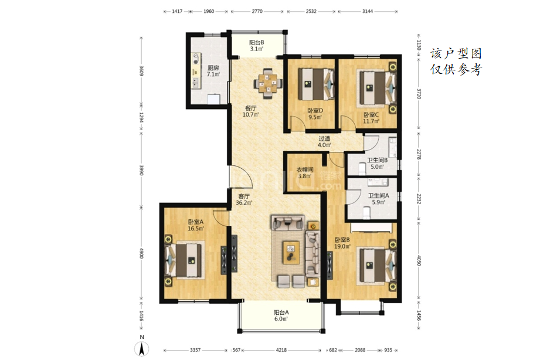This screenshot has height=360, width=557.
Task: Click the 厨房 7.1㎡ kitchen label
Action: click(213, 71)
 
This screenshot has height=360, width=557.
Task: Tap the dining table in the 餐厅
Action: click(268, 83)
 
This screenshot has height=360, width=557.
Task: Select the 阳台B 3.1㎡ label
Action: click(256, 46)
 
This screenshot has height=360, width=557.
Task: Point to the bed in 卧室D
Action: click(316, 84)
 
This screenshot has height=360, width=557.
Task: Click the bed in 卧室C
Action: click(376, 87)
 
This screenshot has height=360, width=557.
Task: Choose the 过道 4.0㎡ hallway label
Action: click(324, 141)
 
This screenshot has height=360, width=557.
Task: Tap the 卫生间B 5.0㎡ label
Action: click(377, 164)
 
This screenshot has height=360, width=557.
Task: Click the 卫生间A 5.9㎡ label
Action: click(378, 199)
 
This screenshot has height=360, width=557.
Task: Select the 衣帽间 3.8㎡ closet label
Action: click(305, 173)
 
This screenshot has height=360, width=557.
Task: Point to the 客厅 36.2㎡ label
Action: click(244, 199)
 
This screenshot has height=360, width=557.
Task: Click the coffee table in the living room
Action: click(291, 252)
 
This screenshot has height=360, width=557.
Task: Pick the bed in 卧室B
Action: click(376, 265)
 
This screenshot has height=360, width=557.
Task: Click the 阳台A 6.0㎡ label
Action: click(281, 315)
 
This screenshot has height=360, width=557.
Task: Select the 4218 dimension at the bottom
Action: click(281, 350)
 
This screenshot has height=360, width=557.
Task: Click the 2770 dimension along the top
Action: click(257, 11)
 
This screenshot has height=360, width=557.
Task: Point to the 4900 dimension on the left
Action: click(141, 253)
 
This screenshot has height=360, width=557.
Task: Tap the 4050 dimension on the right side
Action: click(419, 260)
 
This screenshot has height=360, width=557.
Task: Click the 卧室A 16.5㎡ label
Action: click(196, 225)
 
